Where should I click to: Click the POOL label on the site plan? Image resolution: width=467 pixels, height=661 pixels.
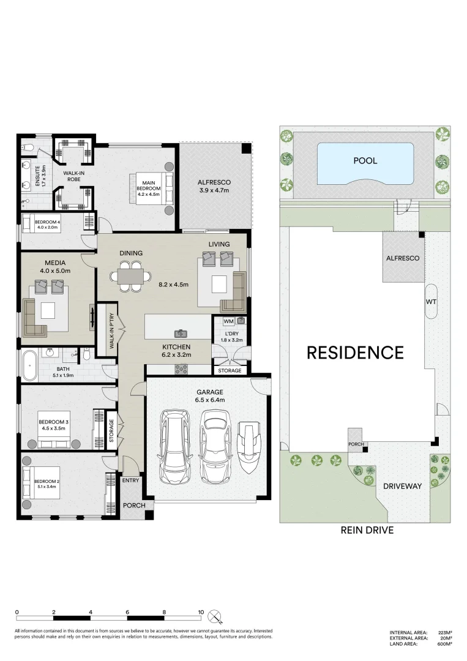365,161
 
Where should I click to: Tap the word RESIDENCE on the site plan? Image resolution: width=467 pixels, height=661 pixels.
355,353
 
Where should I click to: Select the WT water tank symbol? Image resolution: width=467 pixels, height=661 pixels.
431,302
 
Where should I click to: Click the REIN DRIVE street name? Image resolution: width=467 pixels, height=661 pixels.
367,531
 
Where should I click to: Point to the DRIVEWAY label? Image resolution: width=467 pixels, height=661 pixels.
402,486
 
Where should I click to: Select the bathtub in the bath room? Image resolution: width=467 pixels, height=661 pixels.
29,365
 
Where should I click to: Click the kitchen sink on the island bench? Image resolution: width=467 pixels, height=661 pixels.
181,333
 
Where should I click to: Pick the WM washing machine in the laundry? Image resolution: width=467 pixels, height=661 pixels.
228,321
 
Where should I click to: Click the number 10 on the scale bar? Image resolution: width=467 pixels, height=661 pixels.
200,612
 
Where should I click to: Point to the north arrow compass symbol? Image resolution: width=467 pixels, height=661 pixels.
214,616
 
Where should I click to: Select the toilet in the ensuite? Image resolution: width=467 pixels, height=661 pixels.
26,147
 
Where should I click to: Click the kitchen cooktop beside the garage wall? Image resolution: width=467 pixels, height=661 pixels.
182,369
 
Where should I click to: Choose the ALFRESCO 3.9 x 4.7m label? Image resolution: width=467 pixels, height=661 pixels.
213,186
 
